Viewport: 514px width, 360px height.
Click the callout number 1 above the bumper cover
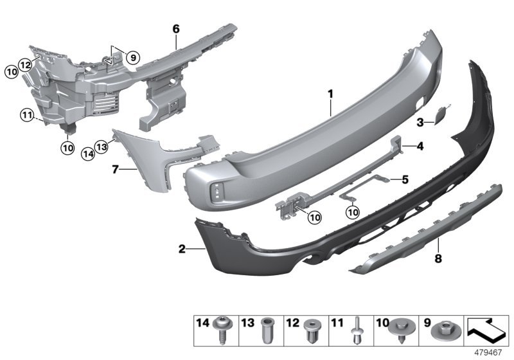pyautogui.click(x=331, y=94)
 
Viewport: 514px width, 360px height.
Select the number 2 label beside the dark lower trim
pyautogui.click(x=182, y=248)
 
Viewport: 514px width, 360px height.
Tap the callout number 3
pyautogui.click(x=420, y=121)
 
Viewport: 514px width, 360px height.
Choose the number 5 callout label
pyautogui.click(x=405, y=179)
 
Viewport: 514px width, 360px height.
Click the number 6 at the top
pyautogui.click(x=175, y=29)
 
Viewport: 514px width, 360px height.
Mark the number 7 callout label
pyautogui.click(x=116, y=170)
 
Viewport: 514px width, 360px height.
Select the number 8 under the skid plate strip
pyautogui.click(x=439, y=260)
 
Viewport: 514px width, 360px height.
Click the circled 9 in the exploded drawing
pyautogui.click(x=132, y=58)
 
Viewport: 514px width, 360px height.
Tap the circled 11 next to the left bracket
pyautogui.click(x=26, y=116)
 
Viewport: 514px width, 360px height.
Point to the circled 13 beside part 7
pyautogui.click(x=101, y=147)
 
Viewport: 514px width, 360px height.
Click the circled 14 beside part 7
pyautogui.click(x=88, y=154)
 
